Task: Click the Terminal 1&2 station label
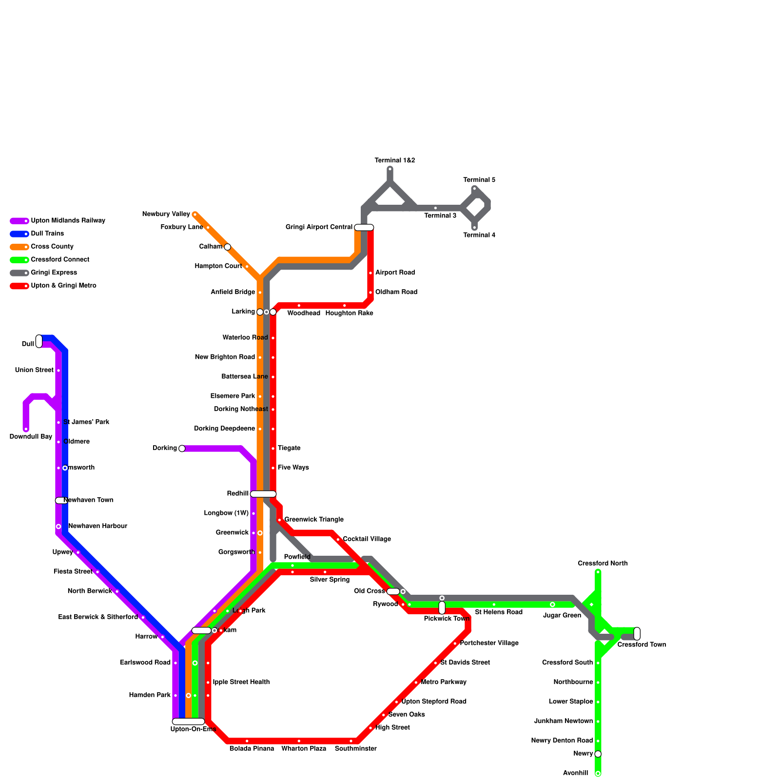394,161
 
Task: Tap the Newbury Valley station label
166,214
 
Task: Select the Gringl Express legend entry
54,273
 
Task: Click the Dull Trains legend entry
47,234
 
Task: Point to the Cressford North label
603,564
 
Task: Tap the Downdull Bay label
31,437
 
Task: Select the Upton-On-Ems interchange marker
188,721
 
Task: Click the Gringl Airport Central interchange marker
364,227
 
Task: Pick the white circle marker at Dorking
182,448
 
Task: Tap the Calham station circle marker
227,247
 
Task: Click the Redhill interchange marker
263,494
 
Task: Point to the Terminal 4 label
479,235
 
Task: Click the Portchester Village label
489,643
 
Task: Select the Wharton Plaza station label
304,749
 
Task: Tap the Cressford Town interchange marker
637,634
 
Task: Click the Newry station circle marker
598,754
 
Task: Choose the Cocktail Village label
367,539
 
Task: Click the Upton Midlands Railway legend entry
68,221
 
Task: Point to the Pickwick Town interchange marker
442,608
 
